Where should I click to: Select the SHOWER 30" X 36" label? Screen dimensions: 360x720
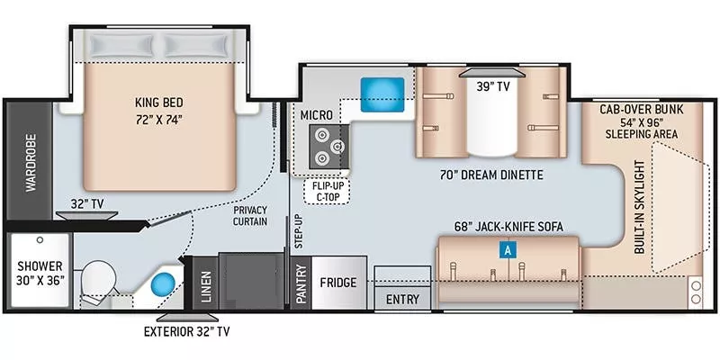[x=38, y=273]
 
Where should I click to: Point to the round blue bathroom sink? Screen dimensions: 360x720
[x=162, y=284]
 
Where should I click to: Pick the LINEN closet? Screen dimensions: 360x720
[x=206, y=283]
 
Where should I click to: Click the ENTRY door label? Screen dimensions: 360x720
[x=401, y=300]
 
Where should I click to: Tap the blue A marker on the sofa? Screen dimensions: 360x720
[x=508, y=251]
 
